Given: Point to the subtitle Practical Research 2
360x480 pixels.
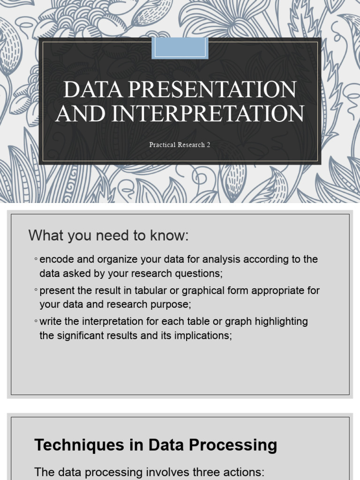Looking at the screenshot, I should [x=180, y=145].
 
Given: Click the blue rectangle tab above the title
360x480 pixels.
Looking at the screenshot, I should [x=180, y=48].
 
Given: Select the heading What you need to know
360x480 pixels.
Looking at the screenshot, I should [x=108, y=236].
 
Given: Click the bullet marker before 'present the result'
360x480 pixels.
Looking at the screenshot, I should [x=36, y=291].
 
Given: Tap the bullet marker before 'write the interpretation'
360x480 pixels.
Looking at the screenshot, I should [x=36, y=322].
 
